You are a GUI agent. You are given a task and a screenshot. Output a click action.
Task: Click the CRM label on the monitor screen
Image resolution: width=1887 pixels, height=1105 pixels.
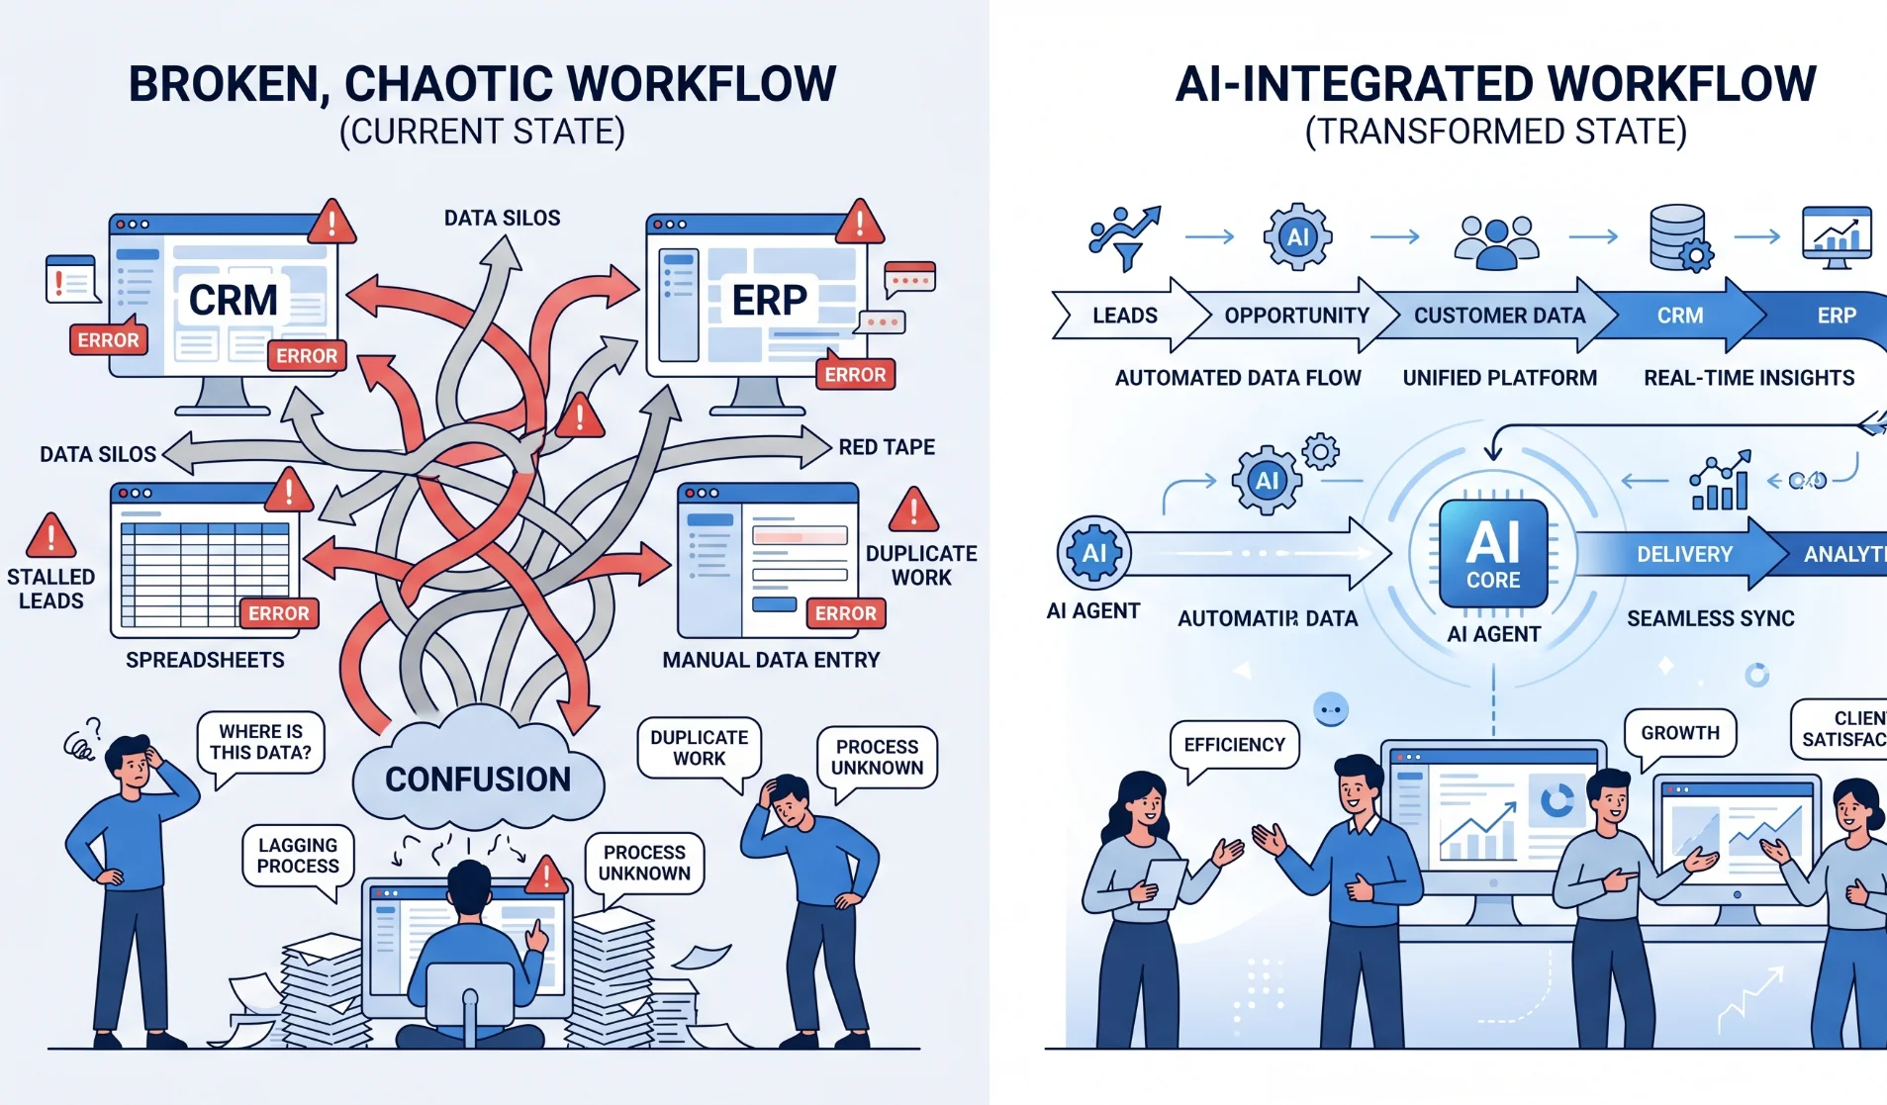click(234, 300)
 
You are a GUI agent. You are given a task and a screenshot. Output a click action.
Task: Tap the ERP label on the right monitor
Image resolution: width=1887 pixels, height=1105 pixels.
click(769, 300)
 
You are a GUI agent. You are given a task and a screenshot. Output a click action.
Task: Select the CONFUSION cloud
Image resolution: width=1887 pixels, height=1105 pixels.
click(478, 779)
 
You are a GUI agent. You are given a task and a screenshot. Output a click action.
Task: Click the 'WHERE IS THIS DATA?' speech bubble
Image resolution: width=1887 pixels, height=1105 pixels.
click(260, 742)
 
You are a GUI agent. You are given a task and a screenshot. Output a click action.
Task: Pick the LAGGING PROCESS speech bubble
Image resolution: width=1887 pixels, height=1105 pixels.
click(298, 856)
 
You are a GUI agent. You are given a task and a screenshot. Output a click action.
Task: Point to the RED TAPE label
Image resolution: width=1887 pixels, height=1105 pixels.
click(887, 447)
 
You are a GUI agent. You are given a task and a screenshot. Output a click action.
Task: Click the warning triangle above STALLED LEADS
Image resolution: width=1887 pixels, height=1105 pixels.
click(50, 536)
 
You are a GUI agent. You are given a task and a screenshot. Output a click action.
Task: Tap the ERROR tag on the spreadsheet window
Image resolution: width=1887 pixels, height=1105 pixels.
click(278, 613)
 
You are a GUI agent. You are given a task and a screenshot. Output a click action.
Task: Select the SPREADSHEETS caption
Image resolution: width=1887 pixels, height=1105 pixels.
click(205, 660)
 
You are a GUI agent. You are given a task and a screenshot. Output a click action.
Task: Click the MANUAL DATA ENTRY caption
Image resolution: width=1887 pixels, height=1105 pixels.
click(771, 660)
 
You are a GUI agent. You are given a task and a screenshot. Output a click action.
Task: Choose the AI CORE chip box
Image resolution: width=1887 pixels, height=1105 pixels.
click(1493, 553)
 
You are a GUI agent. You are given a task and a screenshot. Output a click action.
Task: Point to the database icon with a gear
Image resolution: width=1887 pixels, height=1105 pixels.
click(1679, 237)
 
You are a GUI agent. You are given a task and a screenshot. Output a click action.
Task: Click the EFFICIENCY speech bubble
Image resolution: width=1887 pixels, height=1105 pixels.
click(1234, 745)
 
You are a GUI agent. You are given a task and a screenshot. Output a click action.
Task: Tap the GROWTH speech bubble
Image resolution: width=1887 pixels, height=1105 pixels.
click(1680, 733)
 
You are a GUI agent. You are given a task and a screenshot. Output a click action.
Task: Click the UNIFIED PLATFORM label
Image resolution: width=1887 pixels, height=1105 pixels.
click(1499, 378)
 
